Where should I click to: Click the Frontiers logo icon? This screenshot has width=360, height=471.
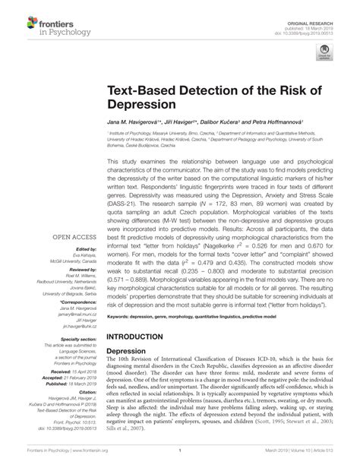[14, 17]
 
